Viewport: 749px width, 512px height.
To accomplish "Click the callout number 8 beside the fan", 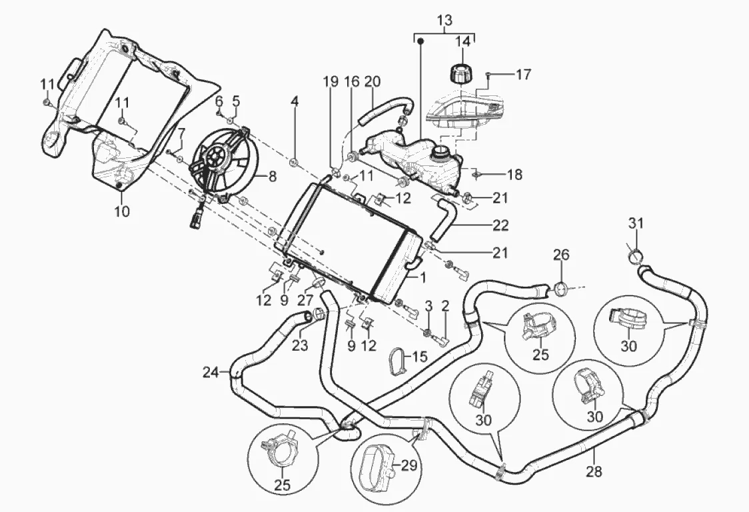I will pos(272,177).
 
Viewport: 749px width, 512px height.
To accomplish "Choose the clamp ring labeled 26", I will pos(561,289).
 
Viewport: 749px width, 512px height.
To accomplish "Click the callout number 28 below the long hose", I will pos(594,472).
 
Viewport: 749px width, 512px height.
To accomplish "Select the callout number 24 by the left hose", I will pos(211,371).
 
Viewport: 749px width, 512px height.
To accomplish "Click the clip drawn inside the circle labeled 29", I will pos(376,464).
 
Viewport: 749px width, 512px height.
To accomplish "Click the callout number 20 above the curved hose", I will pos(373,81).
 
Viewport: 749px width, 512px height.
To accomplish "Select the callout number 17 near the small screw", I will pos(523,74).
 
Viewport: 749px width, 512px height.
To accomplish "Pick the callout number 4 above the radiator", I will pos(294,102).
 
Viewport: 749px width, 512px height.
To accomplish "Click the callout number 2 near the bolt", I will pos(446,306).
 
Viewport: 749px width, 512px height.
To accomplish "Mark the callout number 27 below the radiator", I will pos(306,300).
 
